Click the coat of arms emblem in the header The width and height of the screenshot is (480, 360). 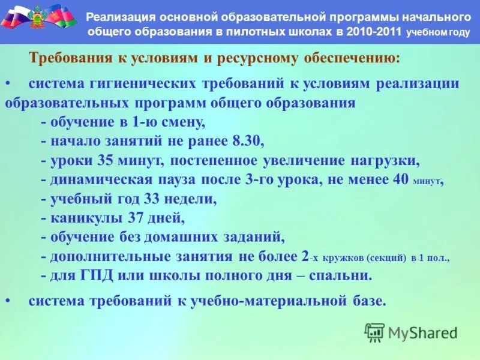(40, 16)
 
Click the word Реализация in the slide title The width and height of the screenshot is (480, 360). (122, 16)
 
